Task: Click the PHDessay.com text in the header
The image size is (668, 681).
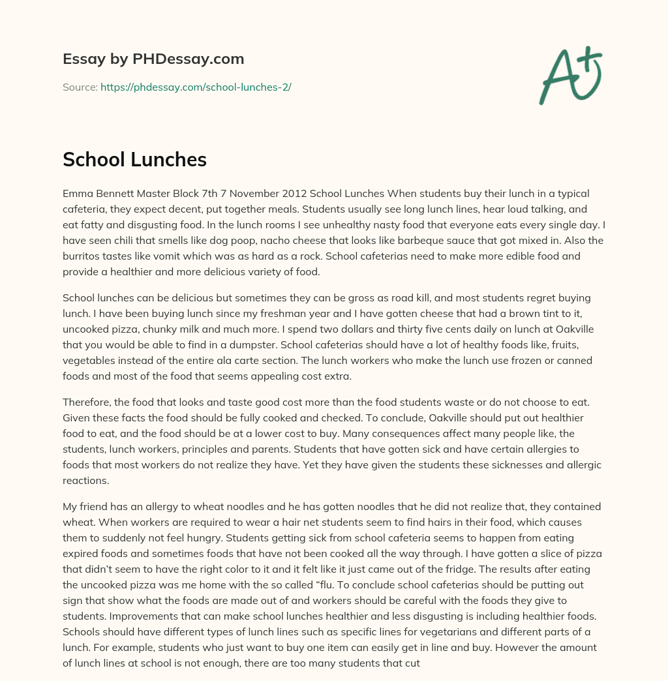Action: point(189,59)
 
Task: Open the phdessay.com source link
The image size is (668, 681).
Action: point(196,87)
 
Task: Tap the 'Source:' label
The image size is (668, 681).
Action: point(80,87)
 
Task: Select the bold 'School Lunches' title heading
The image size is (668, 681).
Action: point(134,160)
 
